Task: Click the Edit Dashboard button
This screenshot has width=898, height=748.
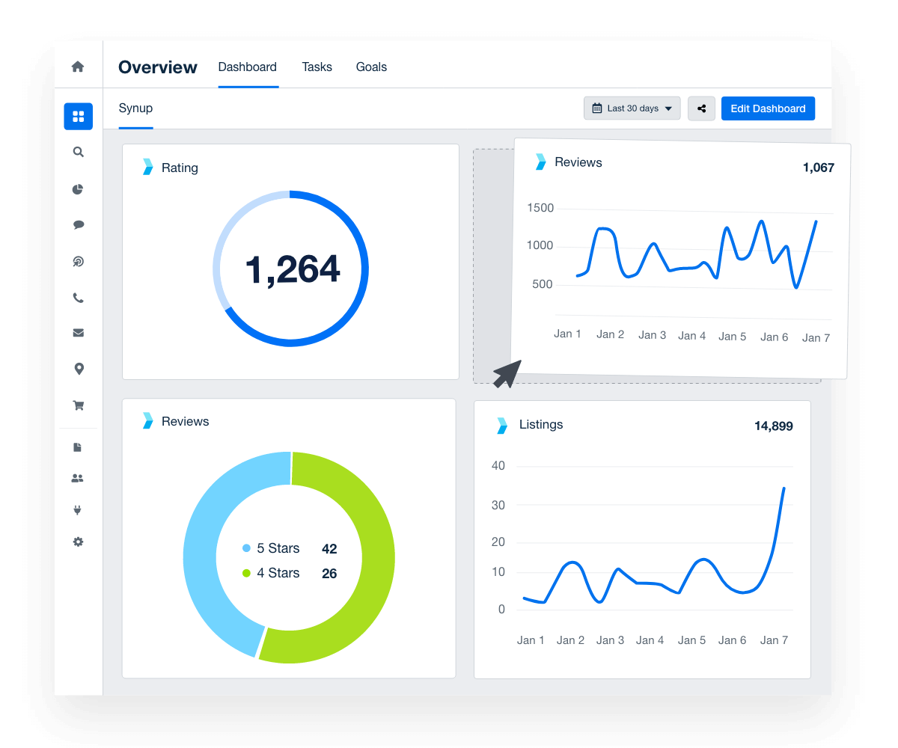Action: (768, 108)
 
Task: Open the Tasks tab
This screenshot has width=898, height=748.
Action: (317, 67)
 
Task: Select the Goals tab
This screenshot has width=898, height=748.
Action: (371, 67)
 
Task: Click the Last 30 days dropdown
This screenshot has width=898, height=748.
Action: (632, 108)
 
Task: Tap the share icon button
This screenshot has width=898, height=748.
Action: (701, 108)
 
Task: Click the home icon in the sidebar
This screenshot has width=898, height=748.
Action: (78, 67)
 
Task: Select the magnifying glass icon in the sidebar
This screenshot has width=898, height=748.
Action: (78, 152)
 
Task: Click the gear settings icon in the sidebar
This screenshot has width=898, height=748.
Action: (78, 542)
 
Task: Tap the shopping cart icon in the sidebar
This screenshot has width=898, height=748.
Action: (78, 405)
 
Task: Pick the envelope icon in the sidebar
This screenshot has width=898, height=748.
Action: (78, 333)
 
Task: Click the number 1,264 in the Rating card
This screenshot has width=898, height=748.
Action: (293, 270)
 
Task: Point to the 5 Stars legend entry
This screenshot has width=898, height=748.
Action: (270, 548)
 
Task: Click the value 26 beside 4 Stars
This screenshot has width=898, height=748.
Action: (329, 574)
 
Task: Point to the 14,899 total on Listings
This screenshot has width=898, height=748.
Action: (773, 426)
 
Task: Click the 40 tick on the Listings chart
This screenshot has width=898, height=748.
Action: (498, 465)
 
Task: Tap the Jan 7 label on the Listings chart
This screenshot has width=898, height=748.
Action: (774, 640)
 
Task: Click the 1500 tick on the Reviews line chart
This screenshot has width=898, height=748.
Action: (540, 208)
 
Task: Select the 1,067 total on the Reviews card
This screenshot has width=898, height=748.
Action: (818, 168)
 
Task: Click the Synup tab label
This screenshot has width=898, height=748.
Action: (135, 108)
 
